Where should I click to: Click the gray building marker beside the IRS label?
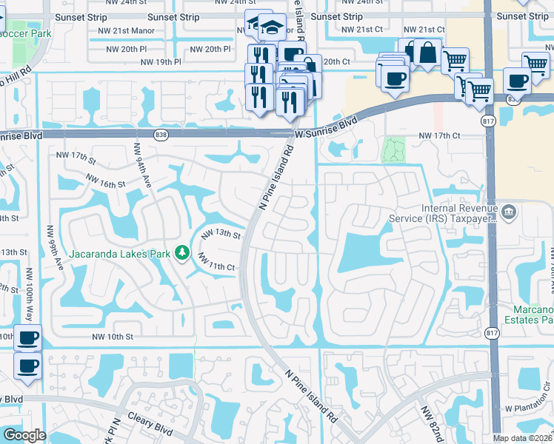coord(509,213)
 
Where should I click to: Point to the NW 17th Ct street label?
coord(439,136)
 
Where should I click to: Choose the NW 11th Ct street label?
coord(216,261)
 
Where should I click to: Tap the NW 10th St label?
coord(112,337)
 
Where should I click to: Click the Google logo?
coord(24,435)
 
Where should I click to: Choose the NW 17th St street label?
coord(76,158)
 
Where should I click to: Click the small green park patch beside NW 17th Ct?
coord(394,150)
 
